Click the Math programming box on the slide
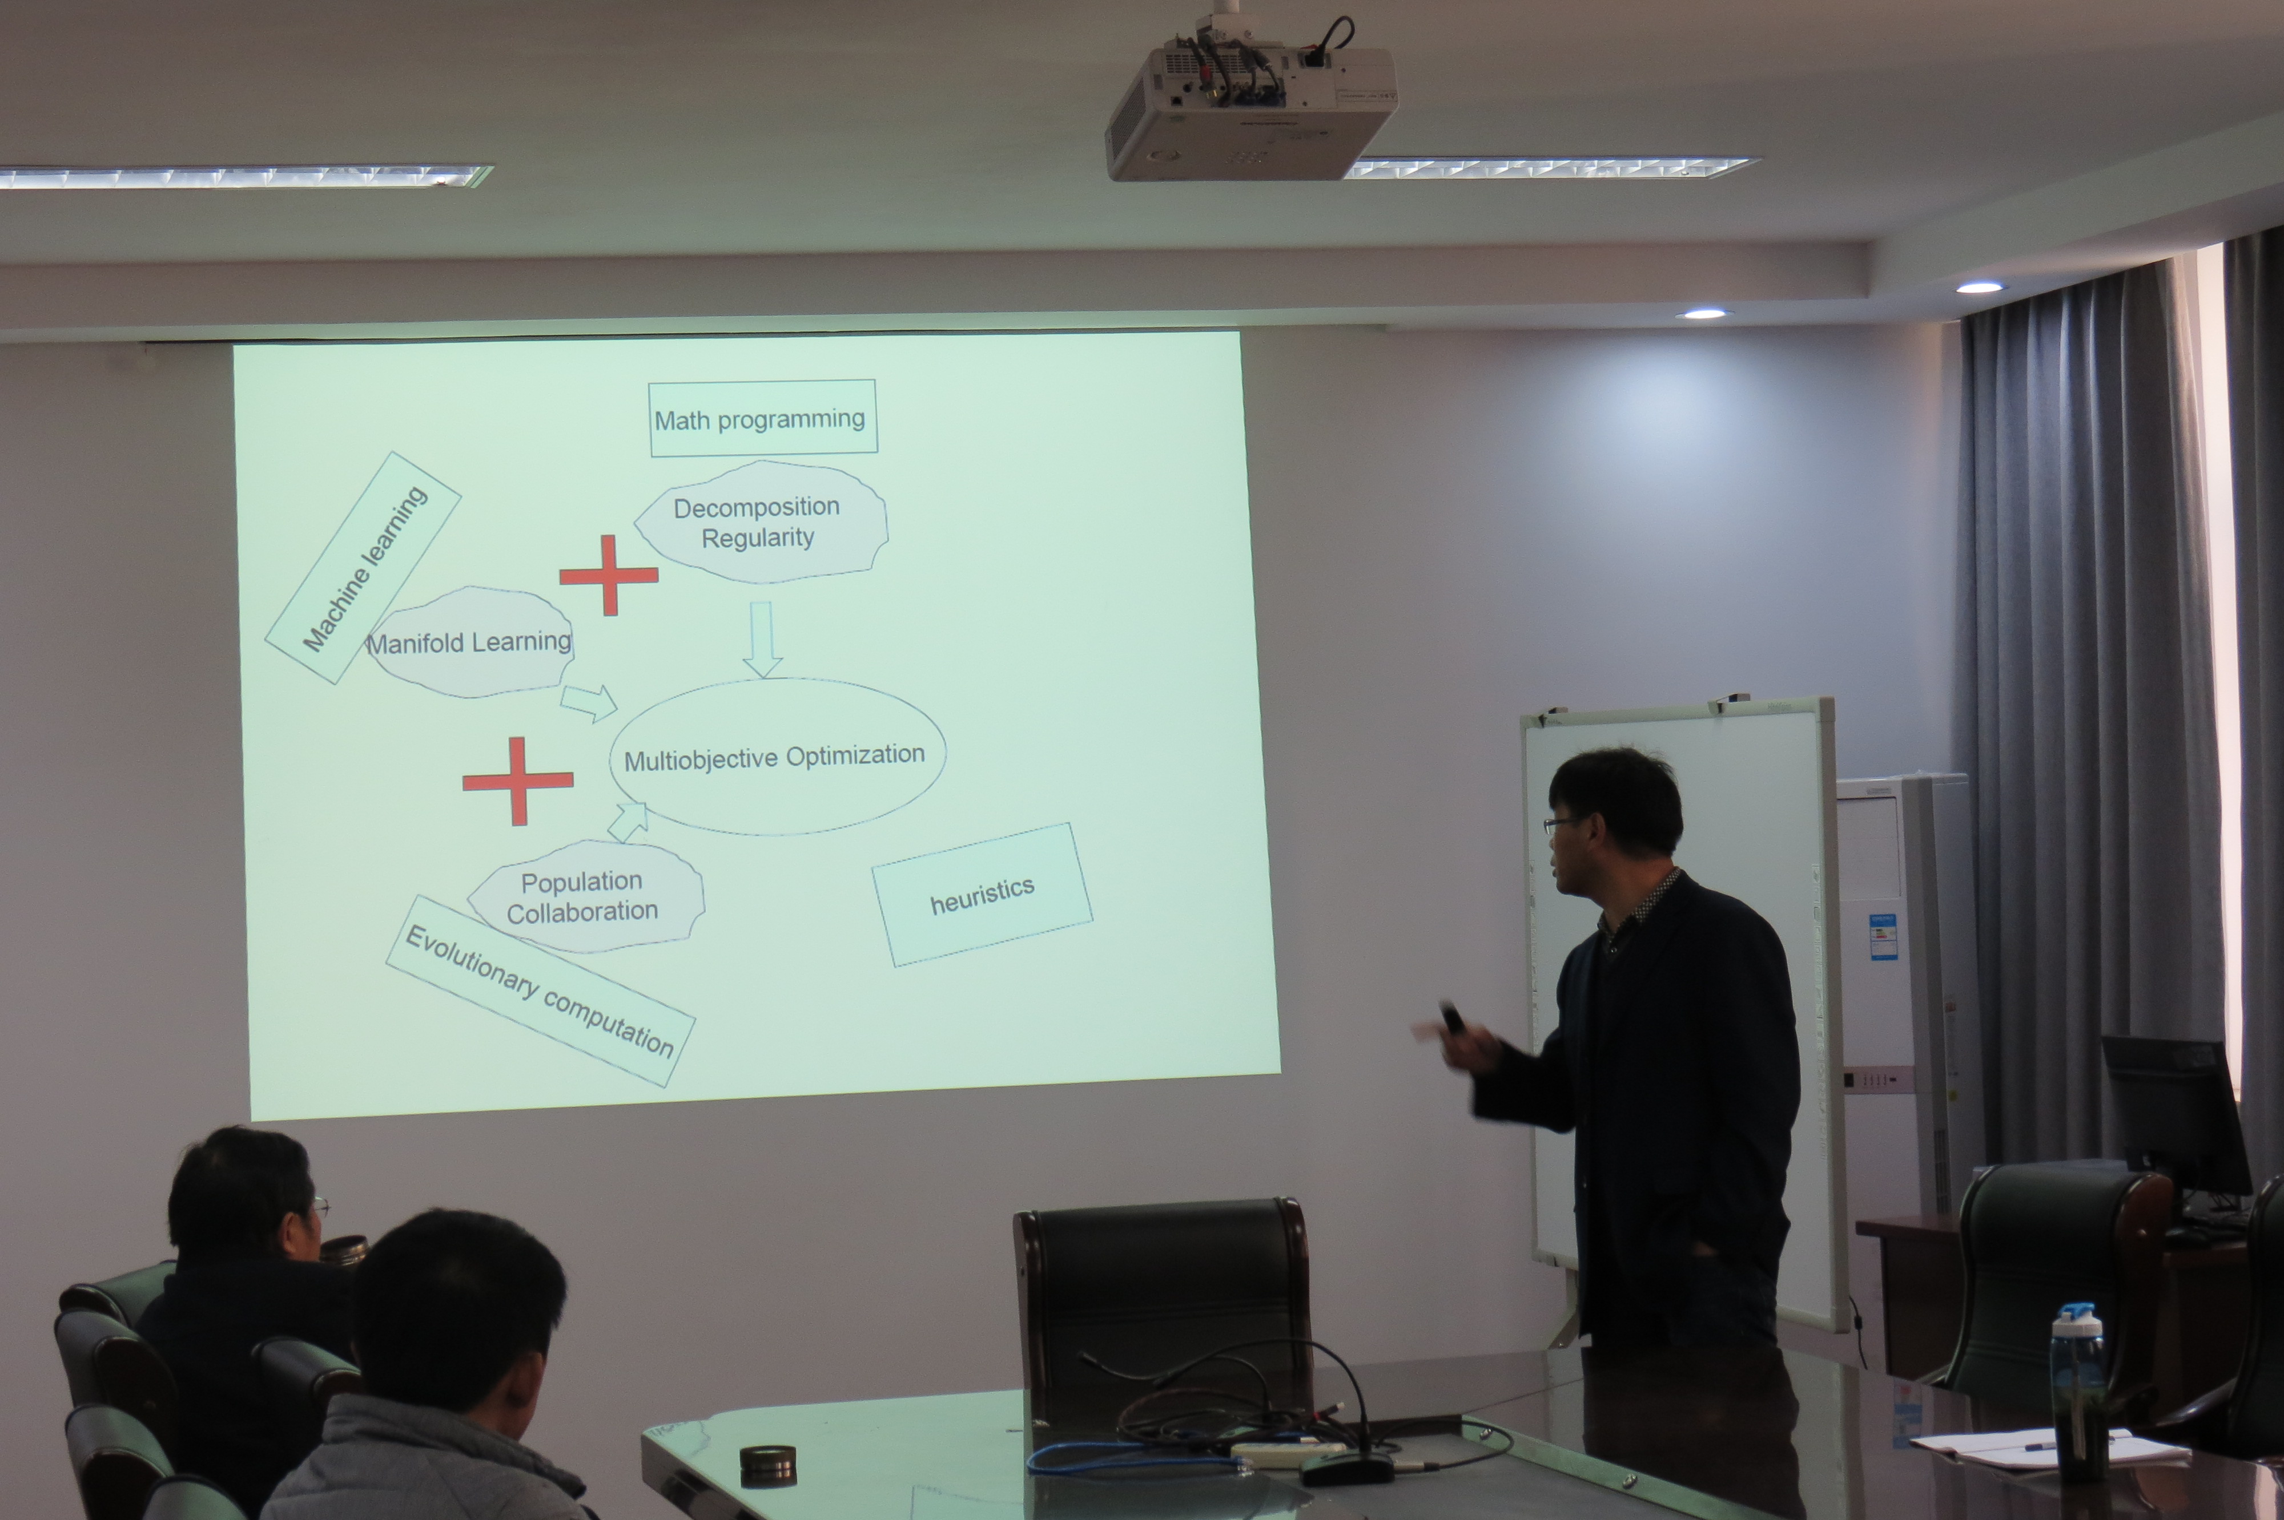[762, 418]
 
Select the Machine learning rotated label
[363, 568]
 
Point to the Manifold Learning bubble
[469, 642]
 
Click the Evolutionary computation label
[540, 990]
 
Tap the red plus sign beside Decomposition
[609, 575]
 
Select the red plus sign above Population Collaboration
[518, 781]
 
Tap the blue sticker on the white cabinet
[1883, 936]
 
